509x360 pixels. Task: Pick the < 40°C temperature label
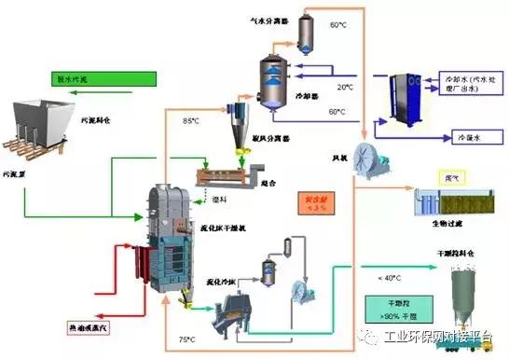[x=391, y=277]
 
